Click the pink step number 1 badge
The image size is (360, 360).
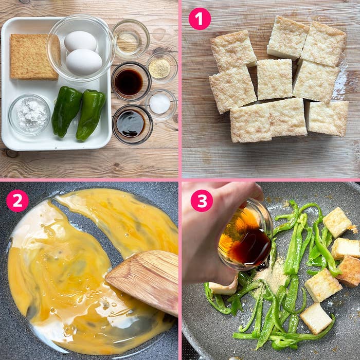(x=200, y=19)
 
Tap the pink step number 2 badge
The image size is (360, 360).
(x=17, y=201)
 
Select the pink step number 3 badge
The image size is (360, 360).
(x=202, y=201)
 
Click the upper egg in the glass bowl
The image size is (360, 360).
(x=80, y=41)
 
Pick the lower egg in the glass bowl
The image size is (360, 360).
(x=84, y=62)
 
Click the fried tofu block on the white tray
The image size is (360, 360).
(x=34, y=57)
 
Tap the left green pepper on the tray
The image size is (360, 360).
(x=66, y=111)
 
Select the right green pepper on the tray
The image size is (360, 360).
(x=91, y=115)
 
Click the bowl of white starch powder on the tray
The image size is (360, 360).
(x=29, y=114)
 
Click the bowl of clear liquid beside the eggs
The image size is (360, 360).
(x=131, y=39)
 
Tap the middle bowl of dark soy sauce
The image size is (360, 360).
(x=131, y=81)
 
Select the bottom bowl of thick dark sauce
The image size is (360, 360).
(x=133, y=124)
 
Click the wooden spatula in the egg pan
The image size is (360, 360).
(x=143, y=281)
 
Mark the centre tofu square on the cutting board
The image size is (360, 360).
(x=275, y=79)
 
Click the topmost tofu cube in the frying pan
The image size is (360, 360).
(x=337, y=222)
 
